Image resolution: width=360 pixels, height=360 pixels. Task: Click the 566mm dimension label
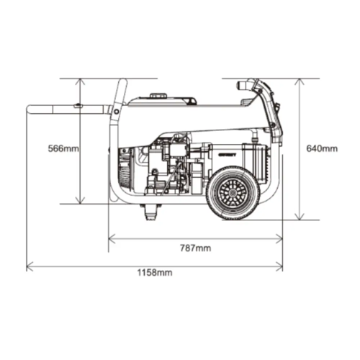pos(63,148)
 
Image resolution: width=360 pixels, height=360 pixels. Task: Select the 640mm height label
pos(322,148)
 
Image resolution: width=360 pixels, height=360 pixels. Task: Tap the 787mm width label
pos(196,248)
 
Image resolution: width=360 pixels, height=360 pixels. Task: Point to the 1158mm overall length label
pos(155,273)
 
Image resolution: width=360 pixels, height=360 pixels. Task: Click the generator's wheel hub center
pos(232,193)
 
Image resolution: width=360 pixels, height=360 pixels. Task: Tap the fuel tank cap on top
pos(158,96)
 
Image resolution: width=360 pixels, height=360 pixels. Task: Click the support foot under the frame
pos(150,212)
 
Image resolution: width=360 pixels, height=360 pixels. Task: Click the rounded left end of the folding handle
pos(28,109)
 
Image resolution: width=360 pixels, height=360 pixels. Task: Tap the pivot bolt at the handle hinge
pos(117,112)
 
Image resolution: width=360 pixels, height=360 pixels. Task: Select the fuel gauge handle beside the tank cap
pos(189,100)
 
